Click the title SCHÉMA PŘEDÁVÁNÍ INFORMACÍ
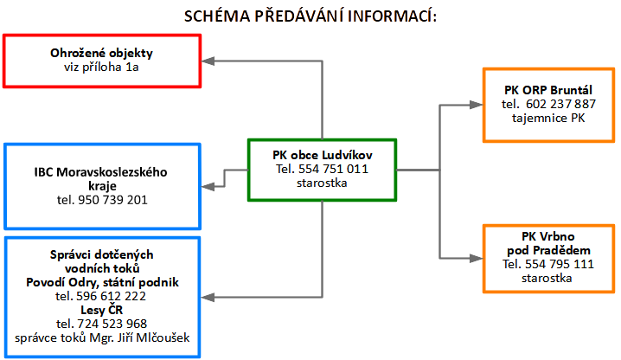click(x=310, y=16)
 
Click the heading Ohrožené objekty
click(x=101, y=53)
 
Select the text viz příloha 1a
click(x=101, y=67)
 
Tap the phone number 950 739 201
click(x=113, y=200)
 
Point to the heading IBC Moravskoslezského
click(x=100, y=172)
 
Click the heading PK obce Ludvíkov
click(x=323, y=155)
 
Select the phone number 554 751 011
click(x=333, y=169)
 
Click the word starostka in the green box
click(x=322, y=183)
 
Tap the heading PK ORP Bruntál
click(x=548, y=90)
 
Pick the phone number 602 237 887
click(x=560, y=104)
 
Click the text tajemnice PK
click(x=548, y=119)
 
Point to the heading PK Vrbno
click(x=548, y=236)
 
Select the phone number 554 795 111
click(x=560, y=264)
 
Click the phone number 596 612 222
click(x=112, y=296)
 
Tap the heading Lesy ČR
click(x=102, y=310)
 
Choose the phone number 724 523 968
click(x=112, y=324)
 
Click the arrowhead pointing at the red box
click(x=208, y=61)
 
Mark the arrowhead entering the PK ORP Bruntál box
click(x=476, y=105)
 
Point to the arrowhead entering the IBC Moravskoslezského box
click(x=208, y=187)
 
